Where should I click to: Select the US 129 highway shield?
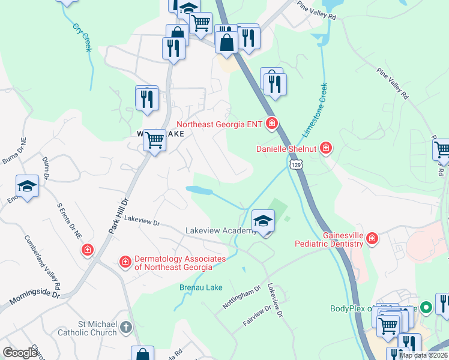click(294, 164)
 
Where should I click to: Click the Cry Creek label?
click(82, 37)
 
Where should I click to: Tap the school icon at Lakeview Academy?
click(263, 221)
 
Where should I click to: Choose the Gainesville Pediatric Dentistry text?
click(328, 239)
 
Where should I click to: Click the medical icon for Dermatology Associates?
click(125, 262)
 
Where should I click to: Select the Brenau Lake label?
click(201, 287)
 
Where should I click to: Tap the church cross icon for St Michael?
click(125, 327)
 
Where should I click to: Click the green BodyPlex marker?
click(426, 308)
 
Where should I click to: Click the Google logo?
click(20, 353)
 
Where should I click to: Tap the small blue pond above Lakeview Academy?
click(199, 190)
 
